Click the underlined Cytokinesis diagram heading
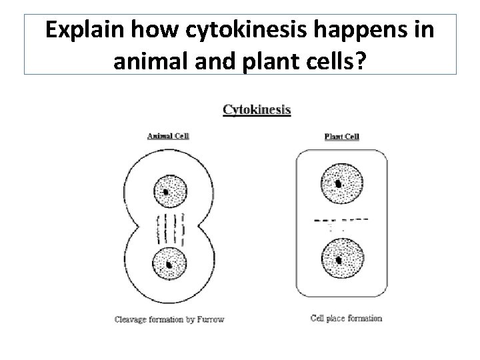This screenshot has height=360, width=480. [x=257, y=109]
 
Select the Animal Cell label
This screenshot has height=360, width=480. [x=168, y=136]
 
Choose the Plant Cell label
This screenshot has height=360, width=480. [x=341, y=137]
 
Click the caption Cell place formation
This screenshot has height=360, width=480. [x=346, y=318]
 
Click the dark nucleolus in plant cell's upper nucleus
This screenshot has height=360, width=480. [x=339, y=183]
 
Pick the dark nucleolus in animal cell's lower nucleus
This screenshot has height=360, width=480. [x=169, y=265]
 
